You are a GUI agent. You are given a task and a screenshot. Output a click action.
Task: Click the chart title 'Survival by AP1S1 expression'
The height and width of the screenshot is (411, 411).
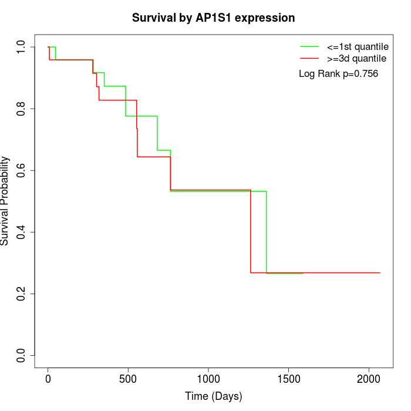[x=213, y=18]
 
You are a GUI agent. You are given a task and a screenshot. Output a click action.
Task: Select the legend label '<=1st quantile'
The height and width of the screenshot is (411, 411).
[x=358, y=46]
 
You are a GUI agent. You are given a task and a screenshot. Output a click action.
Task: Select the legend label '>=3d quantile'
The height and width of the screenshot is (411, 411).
[x=356, y=58]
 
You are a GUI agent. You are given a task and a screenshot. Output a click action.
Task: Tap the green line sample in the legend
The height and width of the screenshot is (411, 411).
[x=309, y=46]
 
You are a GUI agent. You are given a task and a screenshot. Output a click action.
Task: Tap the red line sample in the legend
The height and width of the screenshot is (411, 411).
[x=309, y=58]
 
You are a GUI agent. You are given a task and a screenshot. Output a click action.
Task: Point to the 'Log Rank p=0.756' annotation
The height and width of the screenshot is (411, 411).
[x=338, y=74]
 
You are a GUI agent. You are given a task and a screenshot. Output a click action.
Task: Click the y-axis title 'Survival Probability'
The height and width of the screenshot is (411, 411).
[x=5, y=201]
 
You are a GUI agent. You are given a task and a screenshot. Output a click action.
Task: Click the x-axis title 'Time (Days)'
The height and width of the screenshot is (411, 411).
[x=213, y=396]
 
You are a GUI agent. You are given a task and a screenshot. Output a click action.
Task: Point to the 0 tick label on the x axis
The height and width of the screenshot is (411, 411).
[x=48, y=379]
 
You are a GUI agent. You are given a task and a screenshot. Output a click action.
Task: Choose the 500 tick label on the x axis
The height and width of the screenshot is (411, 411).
[x=128, y=379]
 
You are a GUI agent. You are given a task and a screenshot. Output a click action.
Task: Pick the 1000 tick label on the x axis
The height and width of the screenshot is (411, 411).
[x=208, y=379]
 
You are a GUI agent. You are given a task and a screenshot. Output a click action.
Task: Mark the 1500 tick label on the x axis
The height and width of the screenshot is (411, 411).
[x=288, y=379]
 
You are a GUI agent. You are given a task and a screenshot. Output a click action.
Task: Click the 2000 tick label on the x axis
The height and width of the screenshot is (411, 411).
[x=369, y=379]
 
